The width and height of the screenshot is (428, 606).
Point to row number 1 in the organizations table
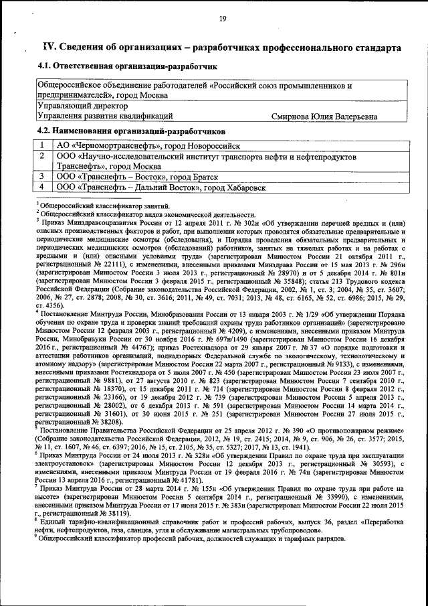click(x=43, y=145)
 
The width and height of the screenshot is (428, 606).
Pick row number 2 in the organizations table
click(x=43, y=155)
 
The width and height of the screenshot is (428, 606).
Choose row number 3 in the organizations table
click(x=43, y=177)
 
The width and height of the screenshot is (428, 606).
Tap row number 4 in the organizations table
click(x=43, y=187)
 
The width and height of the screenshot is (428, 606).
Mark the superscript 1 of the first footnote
click(x=37, y=200)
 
